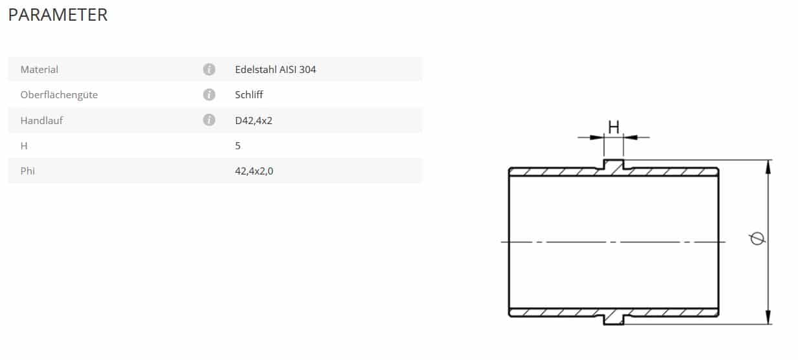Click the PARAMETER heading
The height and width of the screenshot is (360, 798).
58,15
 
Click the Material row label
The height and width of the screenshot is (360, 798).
39,69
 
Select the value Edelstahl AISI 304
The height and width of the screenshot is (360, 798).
275,69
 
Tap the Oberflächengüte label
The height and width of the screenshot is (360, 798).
59,95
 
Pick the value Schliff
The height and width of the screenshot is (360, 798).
249,95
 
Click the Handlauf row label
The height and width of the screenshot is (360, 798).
41,120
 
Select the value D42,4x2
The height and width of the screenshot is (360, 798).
253,120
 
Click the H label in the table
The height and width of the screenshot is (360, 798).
24,145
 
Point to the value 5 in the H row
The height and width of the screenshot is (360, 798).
237,145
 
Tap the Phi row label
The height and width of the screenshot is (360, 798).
27,171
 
